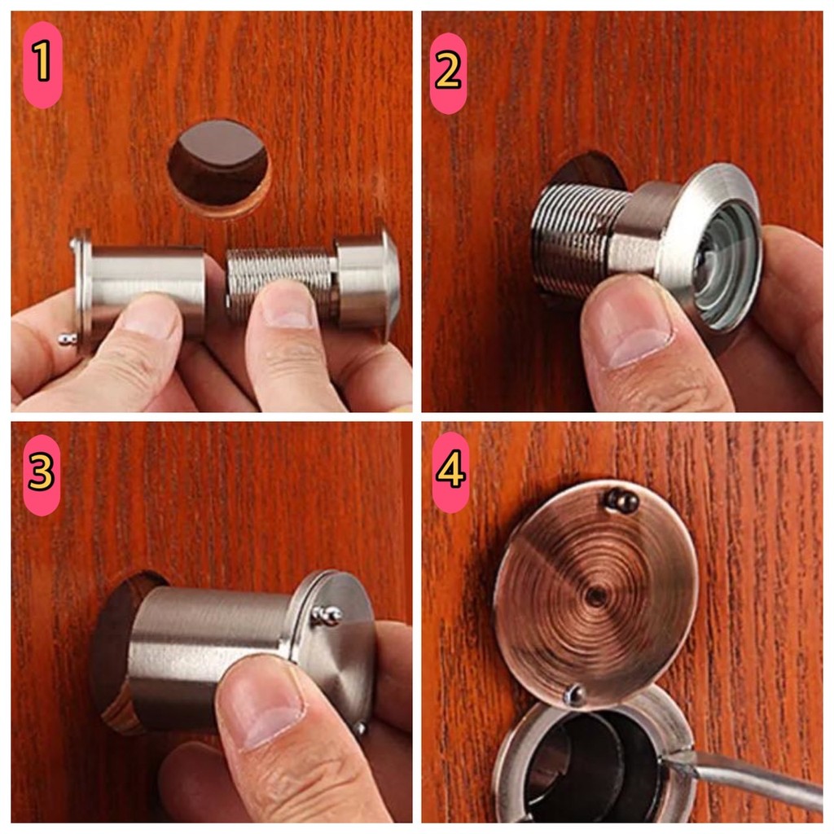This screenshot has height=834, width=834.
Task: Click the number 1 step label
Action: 42,64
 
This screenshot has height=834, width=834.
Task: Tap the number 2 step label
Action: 448,72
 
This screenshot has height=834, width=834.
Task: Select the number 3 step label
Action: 42,475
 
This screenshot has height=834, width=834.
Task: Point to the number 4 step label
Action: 450,471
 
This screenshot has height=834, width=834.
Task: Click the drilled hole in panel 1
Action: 219,167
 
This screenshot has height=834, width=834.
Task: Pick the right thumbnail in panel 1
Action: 287,306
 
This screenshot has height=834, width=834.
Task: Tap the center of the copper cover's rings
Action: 595,595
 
